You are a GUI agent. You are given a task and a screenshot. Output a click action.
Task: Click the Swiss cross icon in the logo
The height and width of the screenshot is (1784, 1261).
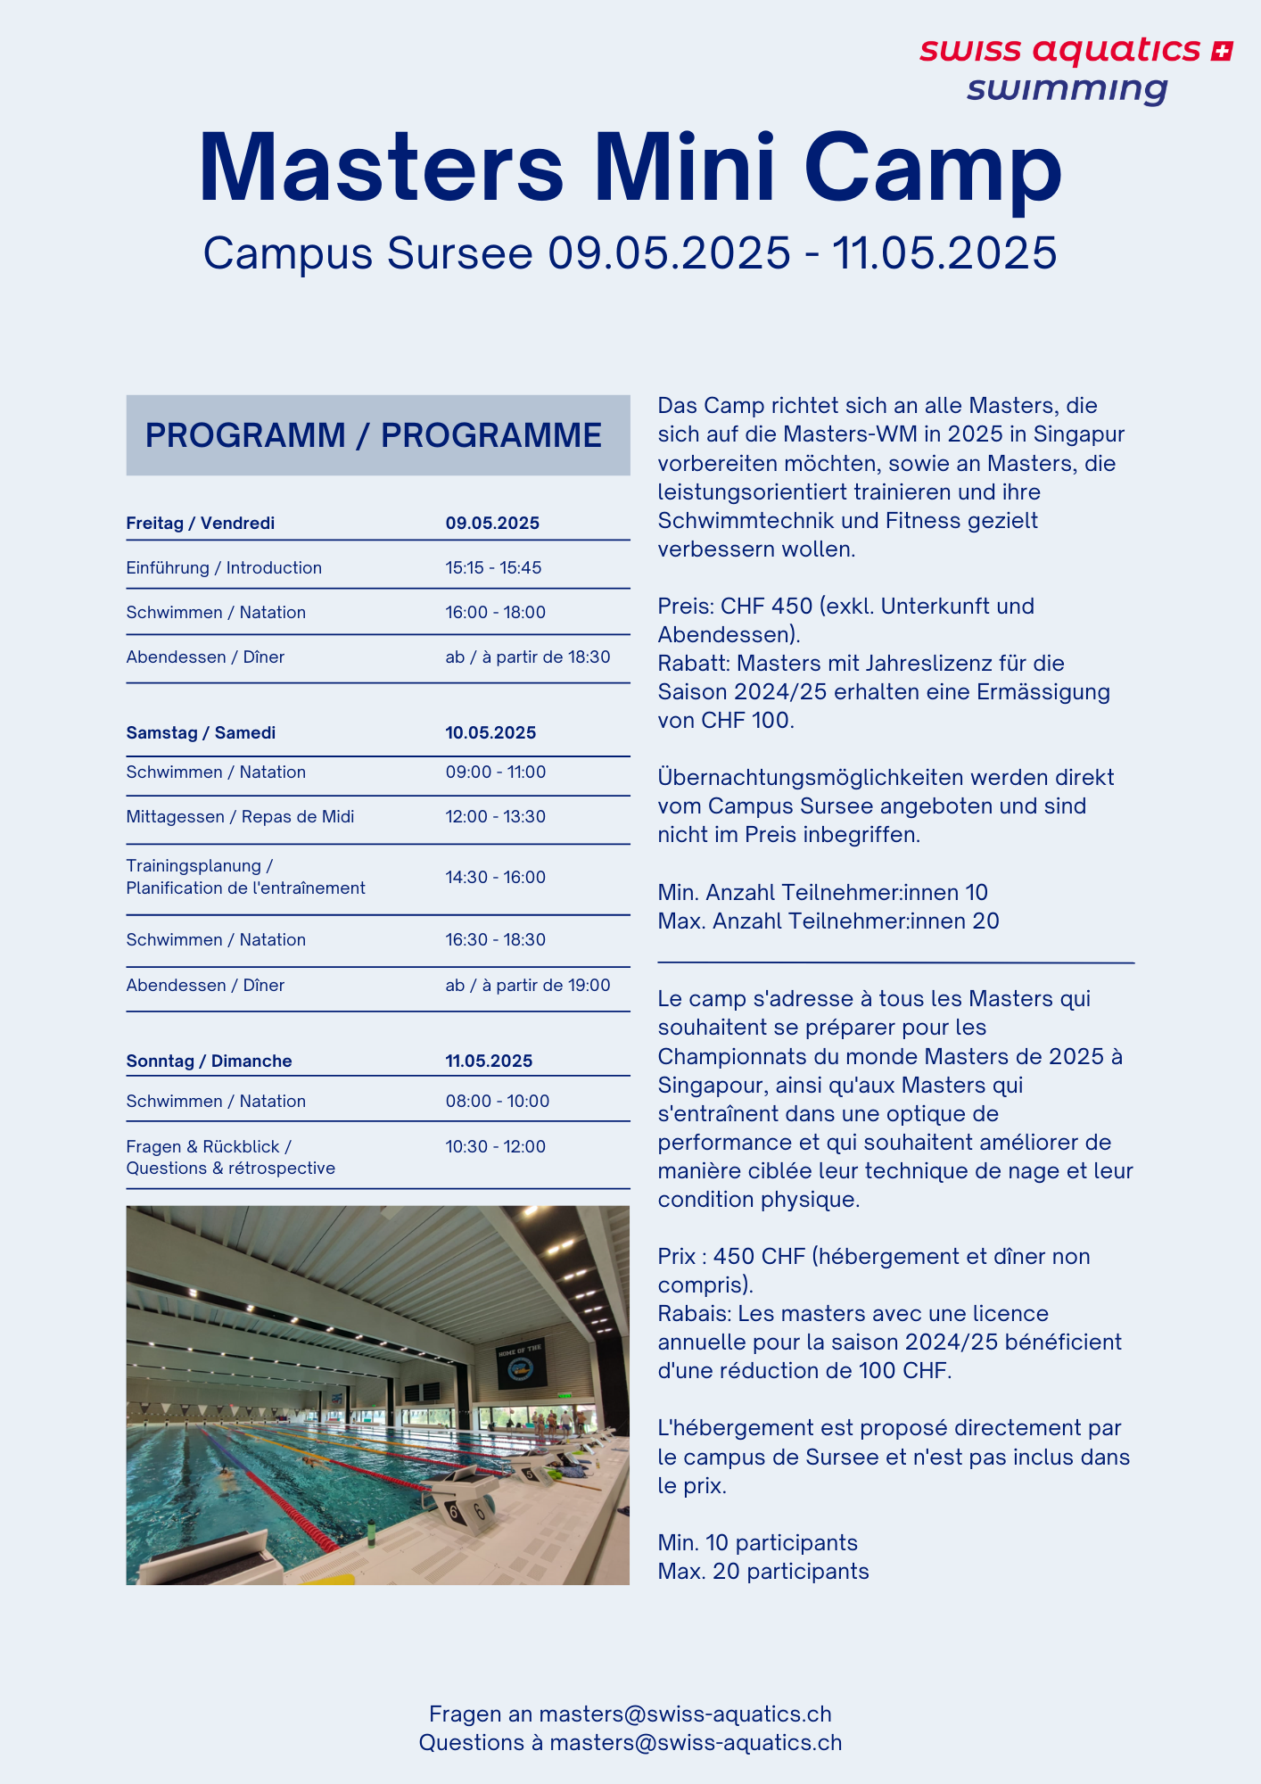[1222, 52]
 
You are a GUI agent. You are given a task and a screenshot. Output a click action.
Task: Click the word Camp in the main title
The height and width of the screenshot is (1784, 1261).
[933, 168]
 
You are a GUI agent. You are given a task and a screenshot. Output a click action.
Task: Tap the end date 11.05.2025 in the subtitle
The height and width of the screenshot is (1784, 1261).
[944, 253]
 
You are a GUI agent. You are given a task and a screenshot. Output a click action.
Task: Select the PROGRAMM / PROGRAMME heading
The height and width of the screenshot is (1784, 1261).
[374, 435]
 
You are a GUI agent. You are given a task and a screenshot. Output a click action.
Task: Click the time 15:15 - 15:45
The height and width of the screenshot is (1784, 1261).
[493, 568]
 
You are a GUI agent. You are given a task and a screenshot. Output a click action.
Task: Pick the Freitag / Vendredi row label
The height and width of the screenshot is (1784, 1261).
[200, 524]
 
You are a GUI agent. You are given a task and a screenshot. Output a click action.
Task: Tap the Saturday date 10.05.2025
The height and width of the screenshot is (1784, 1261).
[490, 733]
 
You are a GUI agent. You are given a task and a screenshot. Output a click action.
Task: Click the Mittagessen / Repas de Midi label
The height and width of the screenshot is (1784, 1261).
[240, 817]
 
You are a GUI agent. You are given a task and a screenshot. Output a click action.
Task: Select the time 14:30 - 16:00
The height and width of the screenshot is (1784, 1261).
[495, 878]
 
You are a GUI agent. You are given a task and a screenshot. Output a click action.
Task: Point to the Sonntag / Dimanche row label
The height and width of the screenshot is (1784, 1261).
[209, 1061]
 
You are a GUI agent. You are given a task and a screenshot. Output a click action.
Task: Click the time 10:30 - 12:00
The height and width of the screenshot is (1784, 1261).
[495, 1147]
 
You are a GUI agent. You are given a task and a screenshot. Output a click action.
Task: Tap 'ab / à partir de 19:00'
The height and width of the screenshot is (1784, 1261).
[528, 986]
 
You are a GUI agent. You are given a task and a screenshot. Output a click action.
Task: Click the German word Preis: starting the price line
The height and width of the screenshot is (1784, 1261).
[685, 607]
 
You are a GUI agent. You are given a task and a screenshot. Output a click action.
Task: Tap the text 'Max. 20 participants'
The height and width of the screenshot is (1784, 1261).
[763, 1572]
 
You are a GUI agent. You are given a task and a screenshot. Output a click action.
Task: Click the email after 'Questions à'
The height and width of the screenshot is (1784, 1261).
[696, 1743]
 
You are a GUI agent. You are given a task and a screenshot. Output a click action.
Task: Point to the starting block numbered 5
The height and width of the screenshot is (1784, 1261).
[530, 1474]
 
